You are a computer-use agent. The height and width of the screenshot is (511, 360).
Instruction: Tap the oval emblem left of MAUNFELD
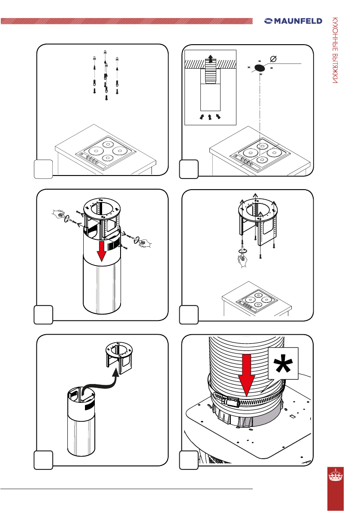pyautogui.click(x=269, y=21)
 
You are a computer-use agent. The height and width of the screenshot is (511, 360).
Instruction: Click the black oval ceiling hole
pyautogui.click(x=260, y=67)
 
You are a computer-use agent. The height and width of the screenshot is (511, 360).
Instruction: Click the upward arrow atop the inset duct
pyautogui.click(x=210, y=58)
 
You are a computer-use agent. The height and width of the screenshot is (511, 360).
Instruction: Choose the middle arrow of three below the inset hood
pyautogui.click(x=210, y=116)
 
